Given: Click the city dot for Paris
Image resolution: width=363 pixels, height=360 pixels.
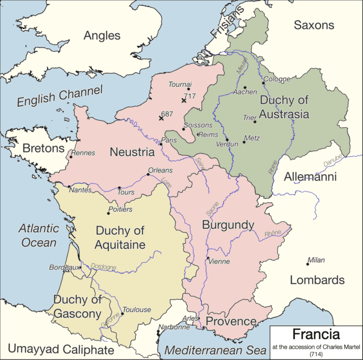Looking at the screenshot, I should tap(161, 144).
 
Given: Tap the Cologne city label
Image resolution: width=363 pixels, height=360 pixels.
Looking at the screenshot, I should tap(277, 79).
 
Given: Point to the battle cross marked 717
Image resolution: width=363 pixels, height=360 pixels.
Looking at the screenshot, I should tap(183, 100).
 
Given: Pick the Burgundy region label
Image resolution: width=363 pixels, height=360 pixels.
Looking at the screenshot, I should tap(228, 225).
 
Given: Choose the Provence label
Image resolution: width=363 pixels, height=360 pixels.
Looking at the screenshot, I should tap(231, 321).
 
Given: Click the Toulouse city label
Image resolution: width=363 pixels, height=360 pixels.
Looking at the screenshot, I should tap(137, 309).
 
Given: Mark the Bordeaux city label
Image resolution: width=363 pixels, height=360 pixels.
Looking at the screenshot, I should tap(63, 267).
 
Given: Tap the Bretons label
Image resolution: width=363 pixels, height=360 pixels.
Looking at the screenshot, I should tap(44, 148).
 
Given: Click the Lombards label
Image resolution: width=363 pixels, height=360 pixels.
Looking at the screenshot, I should tap(317, 280).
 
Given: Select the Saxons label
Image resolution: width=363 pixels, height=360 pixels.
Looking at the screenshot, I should tap(314, 25).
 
